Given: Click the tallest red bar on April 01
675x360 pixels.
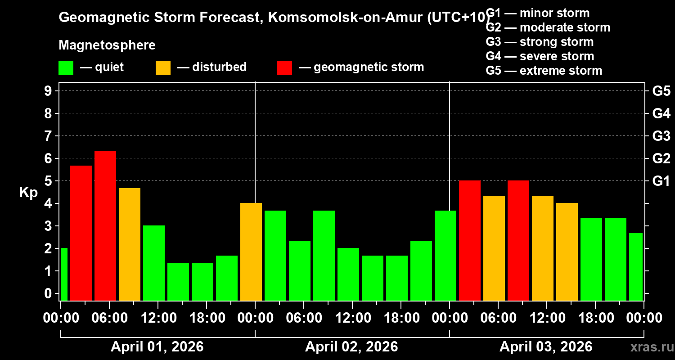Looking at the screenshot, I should click(105, 225).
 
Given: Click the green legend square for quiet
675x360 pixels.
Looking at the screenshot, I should click(66, 67).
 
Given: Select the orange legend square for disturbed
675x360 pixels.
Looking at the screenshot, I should click(163, 67).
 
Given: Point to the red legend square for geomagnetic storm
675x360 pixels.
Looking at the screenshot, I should click(284, 67).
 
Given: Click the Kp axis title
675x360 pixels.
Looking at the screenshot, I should click(28, 193).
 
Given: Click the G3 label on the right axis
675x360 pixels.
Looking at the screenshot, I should click(661, 136).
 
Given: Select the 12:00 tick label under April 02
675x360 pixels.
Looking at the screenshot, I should click(352, 318).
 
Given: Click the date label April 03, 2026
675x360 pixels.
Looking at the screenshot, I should click(546, 347).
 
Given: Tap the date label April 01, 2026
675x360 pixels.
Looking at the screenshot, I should click(157, 347).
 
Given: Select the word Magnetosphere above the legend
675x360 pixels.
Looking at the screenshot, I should click(107, 45).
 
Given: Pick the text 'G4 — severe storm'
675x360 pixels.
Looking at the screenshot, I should click(540, 56).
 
